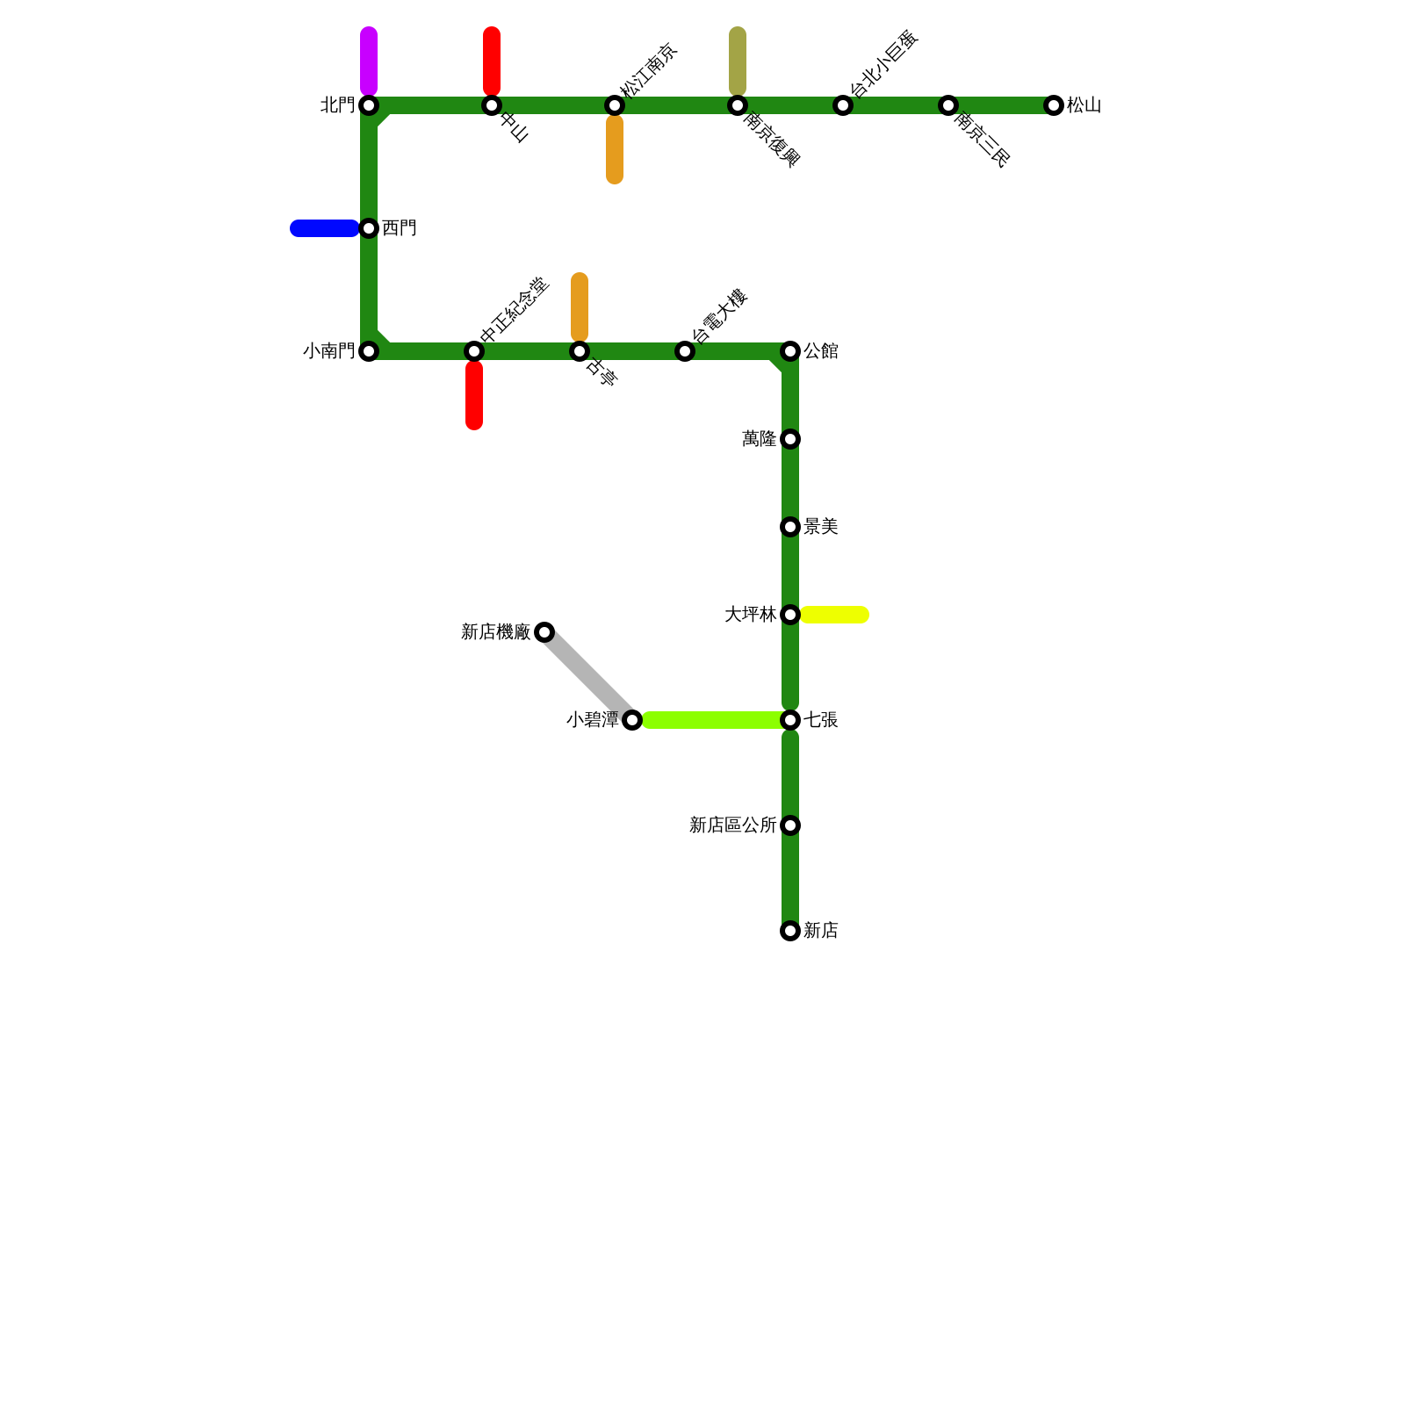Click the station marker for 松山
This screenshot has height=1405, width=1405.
coord(1054,105)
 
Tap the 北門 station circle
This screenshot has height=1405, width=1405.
coord(369,105)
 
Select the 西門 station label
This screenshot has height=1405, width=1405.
coord(400,228)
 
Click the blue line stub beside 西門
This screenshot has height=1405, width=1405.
coord(324,228)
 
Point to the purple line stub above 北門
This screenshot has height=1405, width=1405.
coord(369,61)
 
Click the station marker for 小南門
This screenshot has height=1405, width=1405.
coord(369,351)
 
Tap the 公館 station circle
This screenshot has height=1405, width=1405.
coord(790,351)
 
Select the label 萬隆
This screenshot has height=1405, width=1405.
coord(759,439)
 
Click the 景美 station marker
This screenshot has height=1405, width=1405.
coord(790,527)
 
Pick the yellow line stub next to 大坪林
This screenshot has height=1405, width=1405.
coord(834,615)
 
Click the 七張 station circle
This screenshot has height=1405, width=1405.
coord(790,720)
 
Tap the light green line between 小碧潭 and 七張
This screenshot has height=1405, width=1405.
coord(711,720)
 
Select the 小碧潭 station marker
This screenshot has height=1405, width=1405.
coord(632,720)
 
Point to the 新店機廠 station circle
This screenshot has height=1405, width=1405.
coord(544,632)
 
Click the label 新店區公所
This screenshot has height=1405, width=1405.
coord(732,825)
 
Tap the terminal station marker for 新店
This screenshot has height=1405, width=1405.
coord(790,931)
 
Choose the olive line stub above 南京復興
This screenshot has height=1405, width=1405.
coord(738,61)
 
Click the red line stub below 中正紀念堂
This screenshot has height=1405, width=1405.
coord(474,395)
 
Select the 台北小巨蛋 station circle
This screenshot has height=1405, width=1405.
coord(843,105)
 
